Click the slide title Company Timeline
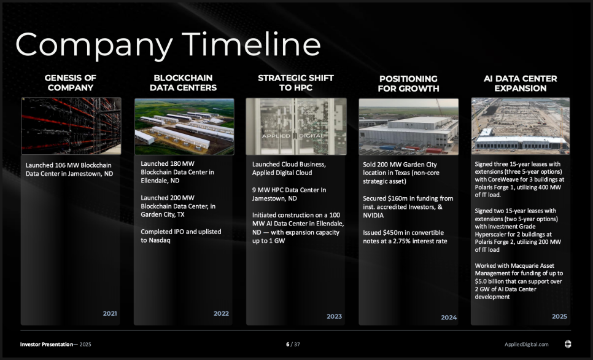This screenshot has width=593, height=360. (168, 45)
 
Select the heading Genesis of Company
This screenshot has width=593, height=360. (71, 83)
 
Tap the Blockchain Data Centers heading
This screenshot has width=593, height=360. (184, 83)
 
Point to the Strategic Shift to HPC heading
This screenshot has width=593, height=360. (296, 83)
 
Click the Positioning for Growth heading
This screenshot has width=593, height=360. (408, 84)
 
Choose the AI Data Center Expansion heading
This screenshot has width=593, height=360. (521, 84)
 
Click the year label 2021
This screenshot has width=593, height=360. (110, 313)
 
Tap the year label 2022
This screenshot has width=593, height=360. (221, 313)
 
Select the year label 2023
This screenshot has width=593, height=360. (335, 316)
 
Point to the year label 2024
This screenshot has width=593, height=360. (449, 318)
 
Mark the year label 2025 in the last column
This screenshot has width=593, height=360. (559, 316)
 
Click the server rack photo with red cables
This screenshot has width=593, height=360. (71, 126)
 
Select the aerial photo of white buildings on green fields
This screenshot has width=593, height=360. (184, 127)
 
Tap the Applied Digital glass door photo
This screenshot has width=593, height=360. (296, 127)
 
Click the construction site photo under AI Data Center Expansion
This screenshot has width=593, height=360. (521, 126)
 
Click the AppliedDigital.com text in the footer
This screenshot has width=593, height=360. (527, 345)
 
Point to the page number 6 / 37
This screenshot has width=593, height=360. (293, 345)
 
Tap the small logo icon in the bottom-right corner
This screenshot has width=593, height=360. (568, 344)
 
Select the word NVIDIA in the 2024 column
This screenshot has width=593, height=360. (373, 216)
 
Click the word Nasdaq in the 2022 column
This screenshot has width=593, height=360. (160, 240)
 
